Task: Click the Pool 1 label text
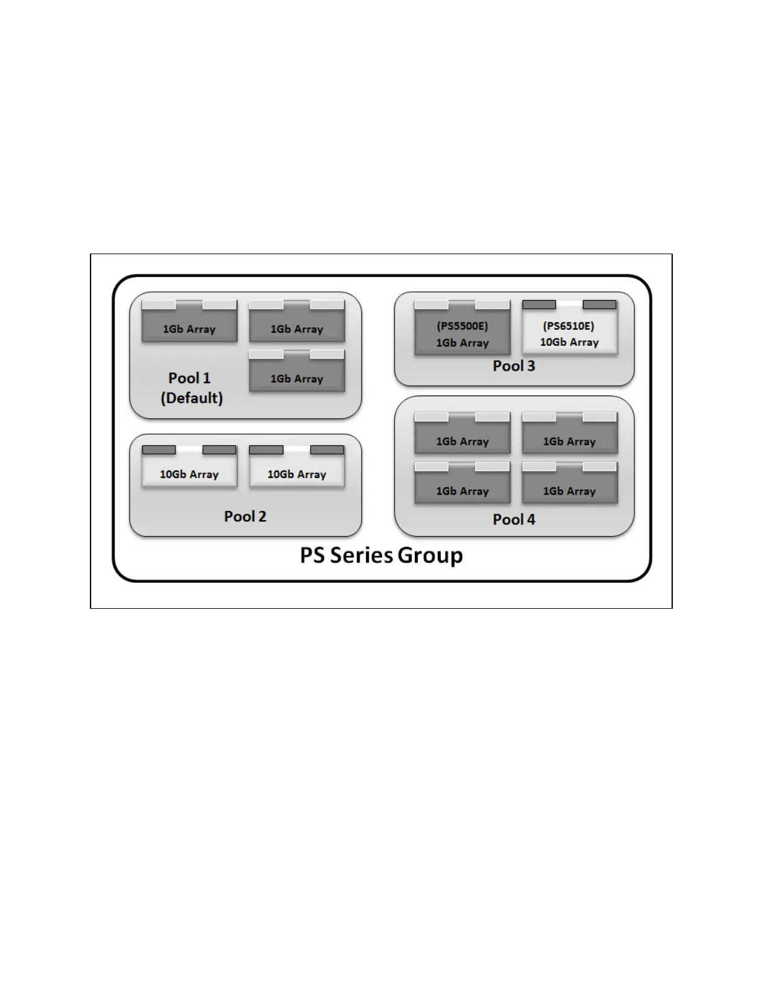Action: pyautogui.click(x=189, y=378)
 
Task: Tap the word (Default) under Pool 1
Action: pyautogui.click(x=192, y=398)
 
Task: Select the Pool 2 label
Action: pyautogui.click(x=245, y=516)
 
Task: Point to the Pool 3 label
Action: pyautogui.click(x=513, y=366)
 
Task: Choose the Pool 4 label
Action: pyautogui.click(x=513, y=520)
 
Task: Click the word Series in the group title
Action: pyautogui.click(x=361, y=555)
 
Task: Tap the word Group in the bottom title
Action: pyautogui.click(x=430, y=555)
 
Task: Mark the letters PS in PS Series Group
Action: pyautogui.click(x=313, y=555)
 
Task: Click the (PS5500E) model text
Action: pyautogui.click(x=462, y=326)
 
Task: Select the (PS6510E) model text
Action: pyautogui.click(x=569, y=326)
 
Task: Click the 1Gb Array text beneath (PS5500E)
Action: pyautogui.click(x=462, y=343)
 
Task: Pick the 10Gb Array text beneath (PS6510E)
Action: pyautogui.click(x=569, y=342)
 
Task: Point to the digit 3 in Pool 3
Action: pyautogui.click(x=531, y=366)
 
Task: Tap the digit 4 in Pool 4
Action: pyautogui.click(x=531, y=520)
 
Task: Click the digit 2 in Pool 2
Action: pyautogui.click(x=262, y=516)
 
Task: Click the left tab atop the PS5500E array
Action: pyautogui.click(x=431, y=304)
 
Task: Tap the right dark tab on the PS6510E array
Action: pyautogui.click(x=600, y=304)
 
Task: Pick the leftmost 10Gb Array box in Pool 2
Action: pyautogui.click(x=189, y=470)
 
